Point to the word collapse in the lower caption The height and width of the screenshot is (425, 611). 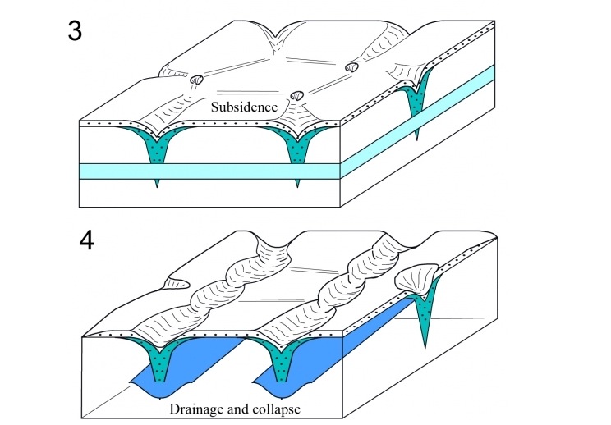[x=271, y=407]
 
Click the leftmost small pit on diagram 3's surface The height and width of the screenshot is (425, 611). [x=197, y=80]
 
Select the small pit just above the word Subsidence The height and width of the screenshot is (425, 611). [x=297, y=94]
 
